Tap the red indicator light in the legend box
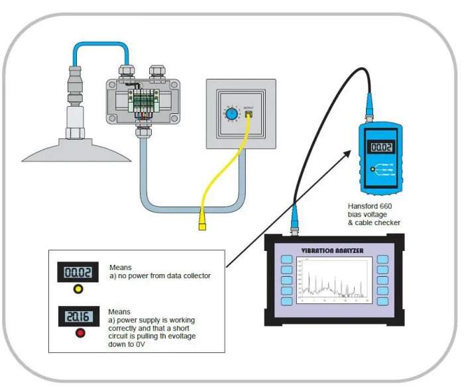pyautogui.click(x=80, y=332)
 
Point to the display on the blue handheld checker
pyautogui.click(x=382, y=149)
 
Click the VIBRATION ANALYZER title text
pyautogui.click(x=332, y=250)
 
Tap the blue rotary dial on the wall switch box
pyautogui.click(x=231, y=114)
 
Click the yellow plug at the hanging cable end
pyautogui.click(x=201, y=219)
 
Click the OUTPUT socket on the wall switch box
pyautogui.click(x=249, y=114)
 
